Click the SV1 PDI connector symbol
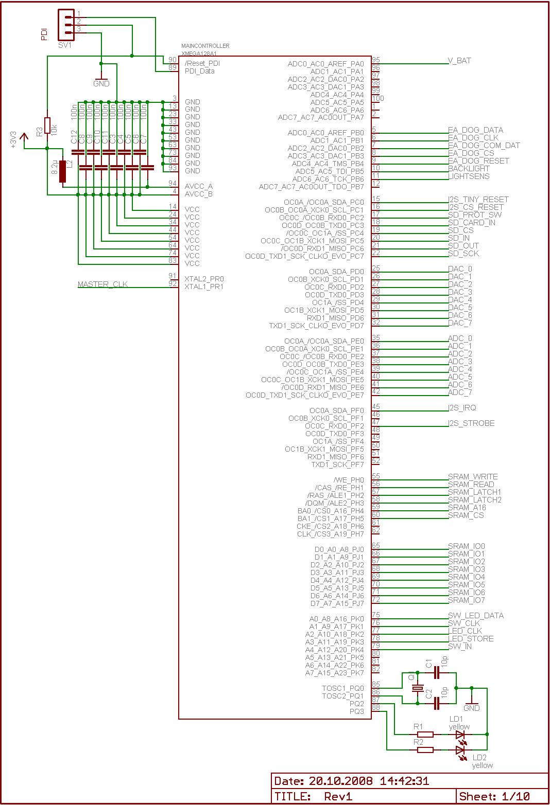click(66, 25)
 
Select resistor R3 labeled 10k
click(47, 126)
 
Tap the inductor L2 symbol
click(63, 171)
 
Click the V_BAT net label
click(459, 61)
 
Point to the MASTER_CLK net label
click(102, 284)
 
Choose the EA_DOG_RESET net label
click(478, 161)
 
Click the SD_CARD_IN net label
click(471, 223)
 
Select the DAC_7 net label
click(460, 323)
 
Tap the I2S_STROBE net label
click(471, 423)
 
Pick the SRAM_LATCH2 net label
click(474, 500)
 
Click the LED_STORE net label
click(471, 639)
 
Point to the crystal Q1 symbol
click(418, 688)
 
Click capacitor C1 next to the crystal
click(437, 672)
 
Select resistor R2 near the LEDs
click(425, 750)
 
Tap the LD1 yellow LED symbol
click(460, 735)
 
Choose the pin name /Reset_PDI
click(202, 63)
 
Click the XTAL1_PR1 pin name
click(204, 287)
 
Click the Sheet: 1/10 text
click(494, 796)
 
